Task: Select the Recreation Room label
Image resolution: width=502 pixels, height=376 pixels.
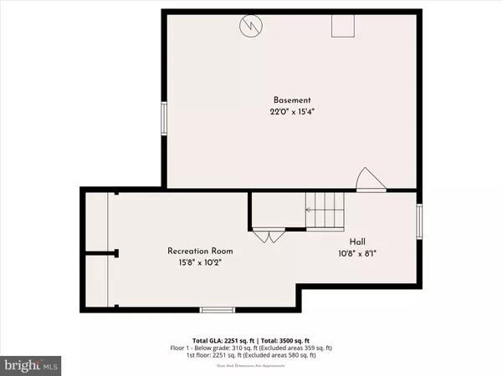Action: pyautogui.click(x=200, y=250)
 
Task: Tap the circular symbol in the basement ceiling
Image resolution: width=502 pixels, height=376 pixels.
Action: pyautogui.click(x=250, y=26)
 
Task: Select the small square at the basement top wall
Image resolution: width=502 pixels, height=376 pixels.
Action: pyautogui.click(x=342, y=27)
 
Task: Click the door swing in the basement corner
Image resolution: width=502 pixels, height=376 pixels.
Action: pyautogui.click(x=368, y=179)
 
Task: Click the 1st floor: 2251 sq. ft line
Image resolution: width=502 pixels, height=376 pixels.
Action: pyautogui.click(x=250, y=357)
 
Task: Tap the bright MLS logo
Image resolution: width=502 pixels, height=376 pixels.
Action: pyautogui.click(x=32, y=365)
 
